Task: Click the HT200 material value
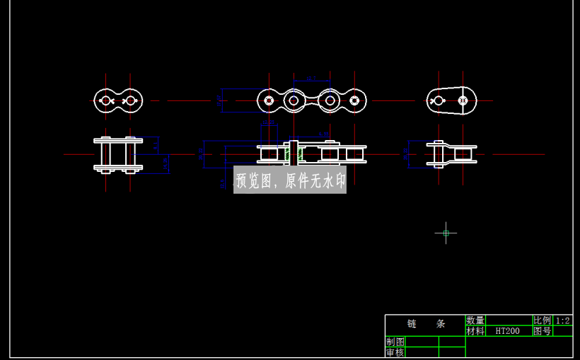(507, 331)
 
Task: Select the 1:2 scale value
(563, 320)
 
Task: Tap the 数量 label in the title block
(475, 320)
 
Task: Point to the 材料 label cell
(475, 331)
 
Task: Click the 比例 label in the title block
(542, 320)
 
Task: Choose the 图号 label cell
(542, 331)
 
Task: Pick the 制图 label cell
(395, 342)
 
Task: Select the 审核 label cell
(395, 352)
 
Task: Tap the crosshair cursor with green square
(446, 233)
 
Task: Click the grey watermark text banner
(290, 181)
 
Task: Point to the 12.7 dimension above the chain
(311, 79)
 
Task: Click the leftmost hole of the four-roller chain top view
(269, 100)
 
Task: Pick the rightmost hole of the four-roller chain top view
(354, 100)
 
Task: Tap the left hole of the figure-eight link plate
(106, 100)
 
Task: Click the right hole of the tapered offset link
(463, 100)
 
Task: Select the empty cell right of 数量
(509, 320)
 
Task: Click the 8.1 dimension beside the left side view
(155, 146)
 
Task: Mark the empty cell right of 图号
(563, 331)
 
